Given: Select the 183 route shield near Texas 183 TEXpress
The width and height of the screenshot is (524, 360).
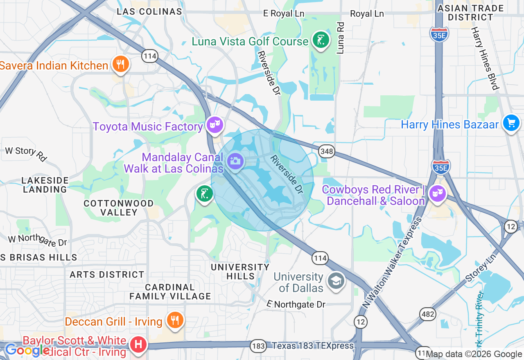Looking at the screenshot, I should point(259,346).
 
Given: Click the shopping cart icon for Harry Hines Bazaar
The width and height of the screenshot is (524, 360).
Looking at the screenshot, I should point(511,123).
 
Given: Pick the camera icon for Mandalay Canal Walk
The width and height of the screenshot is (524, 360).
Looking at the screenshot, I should point(235,161).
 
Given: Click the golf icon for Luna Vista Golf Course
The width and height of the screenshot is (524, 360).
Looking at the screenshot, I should point(321,40).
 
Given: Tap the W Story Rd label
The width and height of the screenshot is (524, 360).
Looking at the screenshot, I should point(26,153).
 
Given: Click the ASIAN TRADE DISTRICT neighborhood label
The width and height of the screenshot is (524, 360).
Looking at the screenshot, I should point(470,13).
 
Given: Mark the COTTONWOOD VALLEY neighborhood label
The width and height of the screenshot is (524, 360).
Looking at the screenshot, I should point(119,208).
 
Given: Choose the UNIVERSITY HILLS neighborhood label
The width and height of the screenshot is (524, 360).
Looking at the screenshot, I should point(240,272).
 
